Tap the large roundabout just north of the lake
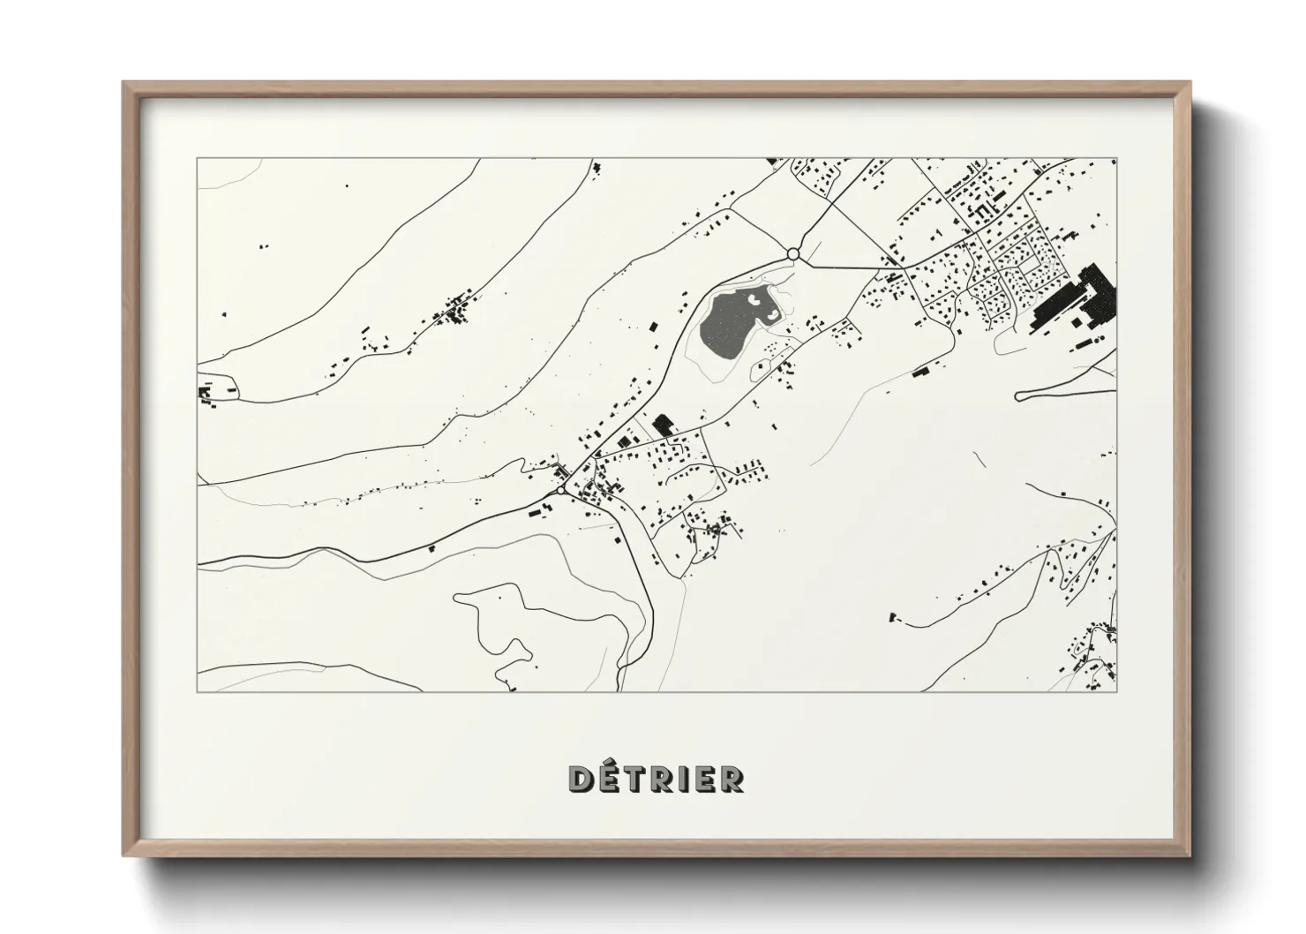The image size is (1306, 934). tap(792, 254)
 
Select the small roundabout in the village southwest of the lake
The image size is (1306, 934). tap(561, 488)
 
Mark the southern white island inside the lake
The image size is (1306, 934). tap(771, 314)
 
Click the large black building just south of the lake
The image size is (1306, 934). tap(663, 426)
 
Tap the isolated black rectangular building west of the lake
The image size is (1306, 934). tap(654, 327)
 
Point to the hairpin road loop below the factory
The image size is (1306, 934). tap(1024, 395)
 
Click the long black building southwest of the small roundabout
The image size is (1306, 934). tap(537, 508)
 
